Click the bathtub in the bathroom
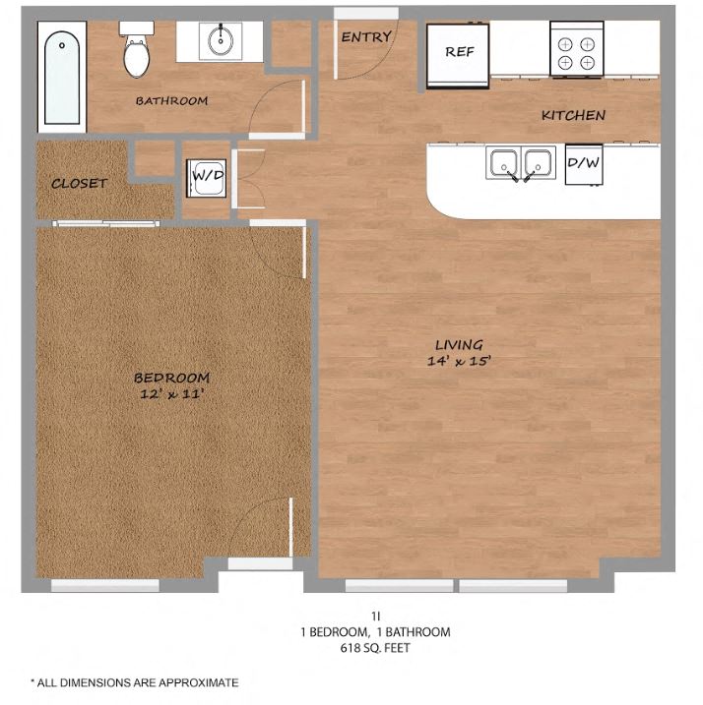[62, 79]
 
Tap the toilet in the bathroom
[136, 50]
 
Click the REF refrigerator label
[459, 51]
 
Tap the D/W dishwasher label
[583, 163]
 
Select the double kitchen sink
[521, 163]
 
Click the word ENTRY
[365, 37]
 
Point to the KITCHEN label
[573, 115]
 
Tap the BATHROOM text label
[171, 100]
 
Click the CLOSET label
[79, 183]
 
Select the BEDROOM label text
[171, 378]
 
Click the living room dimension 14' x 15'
[459, 361]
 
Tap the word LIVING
[459, 344]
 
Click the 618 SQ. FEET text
[376, 648]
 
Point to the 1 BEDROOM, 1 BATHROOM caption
[376, 632]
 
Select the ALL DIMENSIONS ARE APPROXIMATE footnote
[134, 681]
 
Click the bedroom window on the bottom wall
[105, 586]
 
